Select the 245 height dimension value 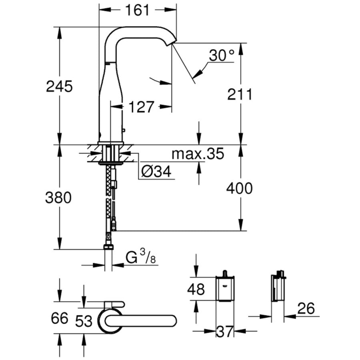(x=60, y=86)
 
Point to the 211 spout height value (x=240, y=95)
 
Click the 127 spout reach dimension (x=141, y=107)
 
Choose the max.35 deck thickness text (x=198, y=154)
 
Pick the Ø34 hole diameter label (x=156, y=172)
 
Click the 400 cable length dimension (x=240, y=188)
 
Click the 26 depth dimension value (x=306, y=308)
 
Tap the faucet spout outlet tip (x=173, y=42)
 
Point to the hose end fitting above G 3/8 (x=108, y=247)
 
